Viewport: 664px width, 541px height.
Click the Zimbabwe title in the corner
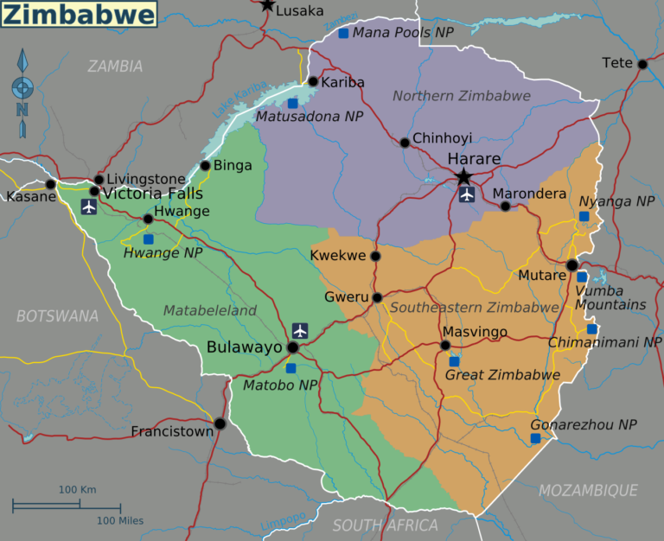tap(80, 14)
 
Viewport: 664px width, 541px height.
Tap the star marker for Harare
tap(463, 176)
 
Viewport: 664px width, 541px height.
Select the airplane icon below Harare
tap(468, 194)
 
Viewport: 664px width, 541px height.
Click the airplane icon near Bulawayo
tap(300, 330)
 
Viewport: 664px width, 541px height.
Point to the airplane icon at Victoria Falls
tap(88, 207)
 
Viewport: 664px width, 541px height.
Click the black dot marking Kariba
tap(313, 81)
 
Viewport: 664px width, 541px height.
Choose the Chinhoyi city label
tap(442, 138)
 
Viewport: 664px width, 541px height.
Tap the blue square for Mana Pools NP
tap(343, 33)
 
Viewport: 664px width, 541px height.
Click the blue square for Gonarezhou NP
tap(535, 439)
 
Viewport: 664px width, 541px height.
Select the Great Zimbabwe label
tap(501, 375)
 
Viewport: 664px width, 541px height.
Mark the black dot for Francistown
tap(220, 423)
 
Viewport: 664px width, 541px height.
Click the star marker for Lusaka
tap(267, 5)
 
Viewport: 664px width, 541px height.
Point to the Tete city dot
tap(642, 64)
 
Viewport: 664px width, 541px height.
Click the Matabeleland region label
tap(210, 310)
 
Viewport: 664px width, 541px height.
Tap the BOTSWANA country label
tap(57, 316)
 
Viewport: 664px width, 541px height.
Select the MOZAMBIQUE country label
tap(588, 491)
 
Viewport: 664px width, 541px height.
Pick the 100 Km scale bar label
tap(77, 490)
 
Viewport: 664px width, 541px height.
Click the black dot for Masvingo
tap(445, 345)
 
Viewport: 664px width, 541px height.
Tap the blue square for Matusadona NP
tap(292, 103)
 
